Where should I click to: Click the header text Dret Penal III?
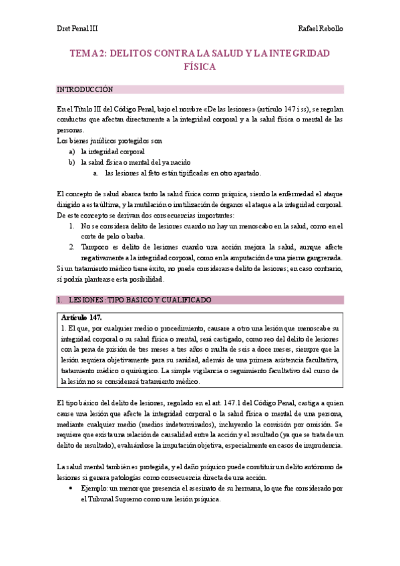coord(77,30)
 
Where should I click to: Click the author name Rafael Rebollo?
coord(320,30)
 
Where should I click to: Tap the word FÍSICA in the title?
coord(200,67)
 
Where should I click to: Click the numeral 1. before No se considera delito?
coord(72,226)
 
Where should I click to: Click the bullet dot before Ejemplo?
coord(71,489)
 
